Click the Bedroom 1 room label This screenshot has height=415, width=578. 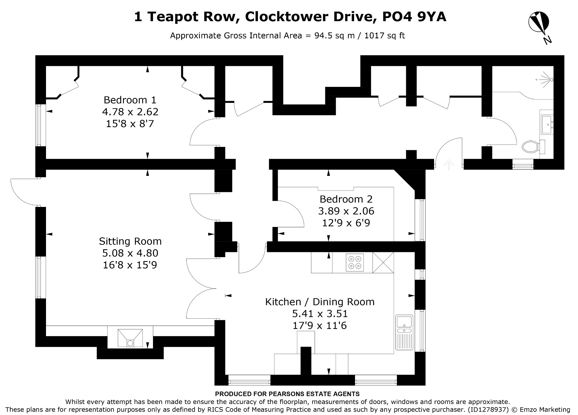130,100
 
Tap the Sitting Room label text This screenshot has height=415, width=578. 130,241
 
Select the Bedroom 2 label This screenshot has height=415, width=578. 346,199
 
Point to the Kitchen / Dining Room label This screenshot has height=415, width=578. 320,302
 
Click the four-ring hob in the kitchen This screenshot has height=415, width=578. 355,262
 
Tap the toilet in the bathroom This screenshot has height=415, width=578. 530,147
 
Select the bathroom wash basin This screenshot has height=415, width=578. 547,124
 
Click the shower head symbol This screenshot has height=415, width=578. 549,80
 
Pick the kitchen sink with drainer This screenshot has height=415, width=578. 404,332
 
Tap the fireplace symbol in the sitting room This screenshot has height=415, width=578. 130,338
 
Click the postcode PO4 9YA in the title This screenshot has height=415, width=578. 414,17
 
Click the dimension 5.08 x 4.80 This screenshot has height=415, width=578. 130,253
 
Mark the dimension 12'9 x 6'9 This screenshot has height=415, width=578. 346,223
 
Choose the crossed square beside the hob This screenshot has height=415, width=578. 383,262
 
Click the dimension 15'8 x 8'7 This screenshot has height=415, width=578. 130,124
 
